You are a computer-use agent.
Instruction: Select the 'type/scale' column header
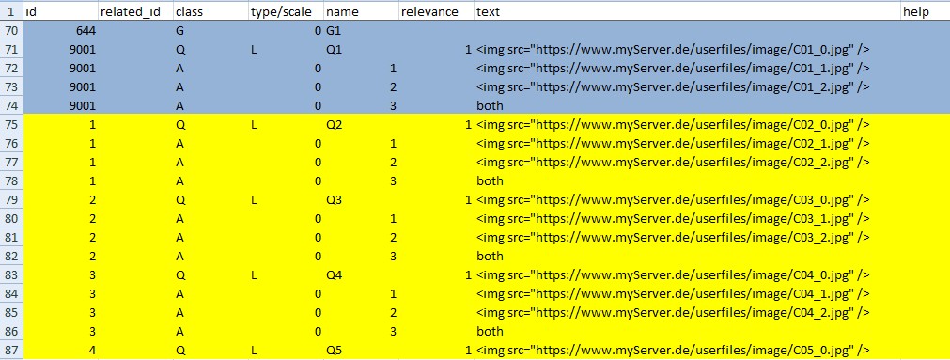point(281,11)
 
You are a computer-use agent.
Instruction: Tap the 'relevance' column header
point(428,11)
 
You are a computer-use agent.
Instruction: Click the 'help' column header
point(915,11)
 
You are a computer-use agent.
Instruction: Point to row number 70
point(11,31)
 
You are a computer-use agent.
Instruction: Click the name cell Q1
point(335,50)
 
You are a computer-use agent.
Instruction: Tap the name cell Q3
point(335,200)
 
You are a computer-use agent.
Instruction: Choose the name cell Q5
point(335,350)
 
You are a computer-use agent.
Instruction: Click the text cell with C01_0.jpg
point(673,50)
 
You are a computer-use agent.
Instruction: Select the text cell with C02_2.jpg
point(673,163)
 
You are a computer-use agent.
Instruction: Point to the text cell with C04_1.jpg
point(673,293)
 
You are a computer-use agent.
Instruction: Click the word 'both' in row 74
point(490,106)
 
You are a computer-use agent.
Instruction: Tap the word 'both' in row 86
point(490,331)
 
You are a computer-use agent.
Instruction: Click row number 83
point(11,274)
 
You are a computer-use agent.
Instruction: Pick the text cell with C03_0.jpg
point(673,200)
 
